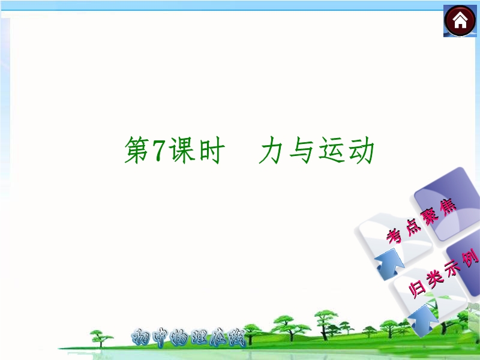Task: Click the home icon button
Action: (460, 21)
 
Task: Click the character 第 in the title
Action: (137, 150)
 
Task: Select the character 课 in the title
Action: (182, 150)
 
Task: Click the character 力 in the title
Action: (271, 150)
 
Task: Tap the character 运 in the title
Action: (331, 150)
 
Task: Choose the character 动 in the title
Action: (361, 150)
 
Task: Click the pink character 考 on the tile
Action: (395, 236)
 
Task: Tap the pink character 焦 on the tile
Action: (448, 207)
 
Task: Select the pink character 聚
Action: (430, 217)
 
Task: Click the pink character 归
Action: (417, 289)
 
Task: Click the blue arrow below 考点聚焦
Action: (389, 264)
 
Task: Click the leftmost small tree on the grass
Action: (100, 338)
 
